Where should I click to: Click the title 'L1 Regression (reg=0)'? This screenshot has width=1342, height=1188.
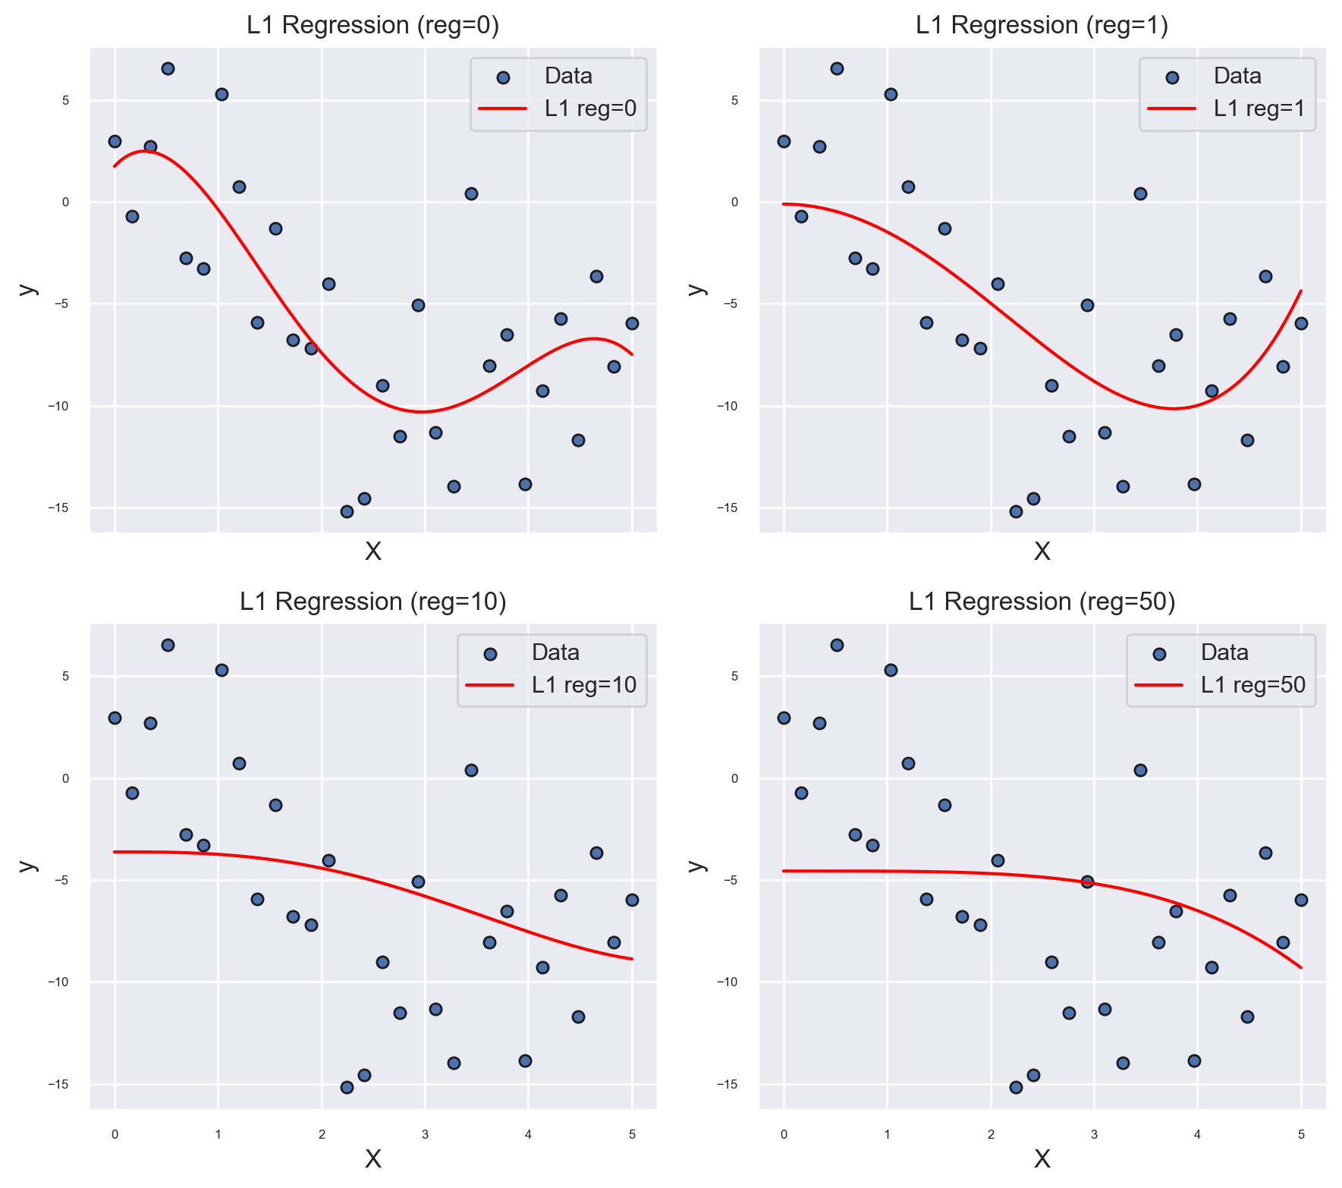pyautogui.click(x=372, y=26)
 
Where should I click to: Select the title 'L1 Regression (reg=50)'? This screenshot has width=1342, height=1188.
pyautogui.click(x=1042, y=602)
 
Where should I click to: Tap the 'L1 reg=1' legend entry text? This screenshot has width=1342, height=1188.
pyautogui.click(x=1259, y=108)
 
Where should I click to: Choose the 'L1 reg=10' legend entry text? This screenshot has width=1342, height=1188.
pyautogui.click(x=584, y=685)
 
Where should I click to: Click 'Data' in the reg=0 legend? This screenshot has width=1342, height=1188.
pyautogui.click(x=568, y=76)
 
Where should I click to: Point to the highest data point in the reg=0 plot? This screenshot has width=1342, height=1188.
pyautogui.click(x=168, y=68)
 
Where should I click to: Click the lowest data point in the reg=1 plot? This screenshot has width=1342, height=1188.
pyautogui.click(x=1016, y=511)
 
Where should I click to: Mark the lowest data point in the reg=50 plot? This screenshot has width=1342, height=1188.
pyautogui.click(x=1016, y=1087)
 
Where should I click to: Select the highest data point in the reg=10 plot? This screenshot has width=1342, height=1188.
pyautogui.click(x=168, y=645)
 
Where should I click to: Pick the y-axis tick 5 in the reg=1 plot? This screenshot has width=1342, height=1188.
pyautogui.click(x=734, y=100)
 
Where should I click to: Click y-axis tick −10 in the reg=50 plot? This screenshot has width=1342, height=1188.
pyautogui.click(x=729, y=982)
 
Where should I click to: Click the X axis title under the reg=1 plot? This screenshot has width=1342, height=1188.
pyautogui.click(x=1042, y=552)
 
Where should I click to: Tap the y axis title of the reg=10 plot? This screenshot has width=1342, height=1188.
pyautogui.click(x=27, y=866)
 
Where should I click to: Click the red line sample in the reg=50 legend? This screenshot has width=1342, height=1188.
pyautogui.click(x=1158, y=685)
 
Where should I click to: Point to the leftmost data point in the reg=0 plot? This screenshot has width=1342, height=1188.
pyautogui.click(x=115, y=141)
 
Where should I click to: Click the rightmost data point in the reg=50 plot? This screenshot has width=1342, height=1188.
pyautogui.click(x=1301, y=900)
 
